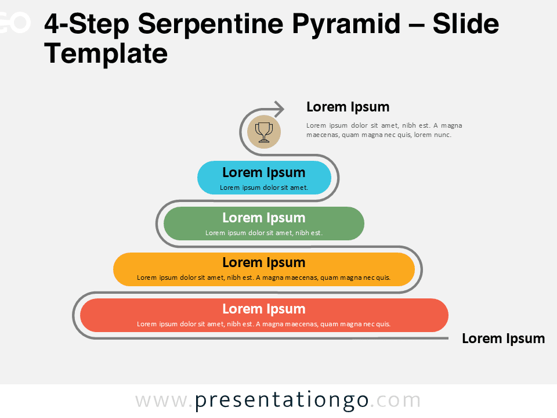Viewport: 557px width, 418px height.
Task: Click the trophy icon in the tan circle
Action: coord(263,132)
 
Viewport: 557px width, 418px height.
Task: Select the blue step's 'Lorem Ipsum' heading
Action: coord(263,172)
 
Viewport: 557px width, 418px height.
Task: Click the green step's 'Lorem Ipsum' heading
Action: coord(263,218)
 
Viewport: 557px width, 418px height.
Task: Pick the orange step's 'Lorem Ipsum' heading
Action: coord(263,262)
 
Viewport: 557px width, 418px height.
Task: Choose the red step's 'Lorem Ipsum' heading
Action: coord(263,309)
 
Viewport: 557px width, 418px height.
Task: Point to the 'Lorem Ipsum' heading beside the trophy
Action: coord(348,107)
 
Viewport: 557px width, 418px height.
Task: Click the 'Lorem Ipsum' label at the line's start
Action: coord(503,338)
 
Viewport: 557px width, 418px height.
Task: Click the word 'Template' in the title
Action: coord(106,54)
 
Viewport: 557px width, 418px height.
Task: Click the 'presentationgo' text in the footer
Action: coord(281,401)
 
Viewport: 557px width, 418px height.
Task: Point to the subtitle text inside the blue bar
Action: coord(263,188)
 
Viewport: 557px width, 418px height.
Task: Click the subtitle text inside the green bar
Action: coord(263,233)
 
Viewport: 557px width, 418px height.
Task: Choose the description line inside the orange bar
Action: coord(263,278)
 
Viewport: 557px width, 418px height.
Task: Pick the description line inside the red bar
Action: coord(263,324)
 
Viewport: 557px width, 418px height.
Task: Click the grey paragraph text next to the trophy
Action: coord(384,130)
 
